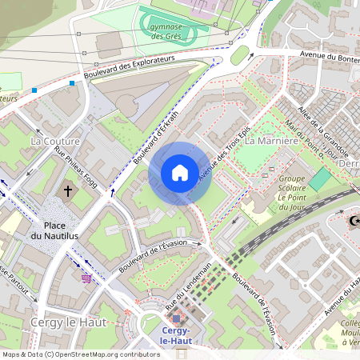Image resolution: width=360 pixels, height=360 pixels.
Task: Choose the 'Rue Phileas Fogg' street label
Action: [76, 166]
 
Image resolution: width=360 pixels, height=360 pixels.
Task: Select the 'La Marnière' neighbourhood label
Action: [271, 141]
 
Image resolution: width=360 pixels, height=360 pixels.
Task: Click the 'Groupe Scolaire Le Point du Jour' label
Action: [294, 189]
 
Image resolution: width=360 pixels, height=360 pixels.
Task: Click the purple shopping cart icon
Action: [86, 278]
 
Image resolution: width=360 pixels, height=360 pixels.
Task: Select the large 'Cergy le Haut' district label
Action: [63, 322]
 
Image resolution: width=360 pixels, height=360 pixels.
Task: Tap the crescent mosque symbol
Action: [352, 220]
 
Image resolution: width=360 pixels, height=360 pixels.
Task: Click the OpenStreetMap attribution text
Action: [81, 354]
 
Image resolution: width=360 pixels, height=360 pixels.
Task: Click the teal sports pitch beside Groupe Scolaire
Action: [319, 179]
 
